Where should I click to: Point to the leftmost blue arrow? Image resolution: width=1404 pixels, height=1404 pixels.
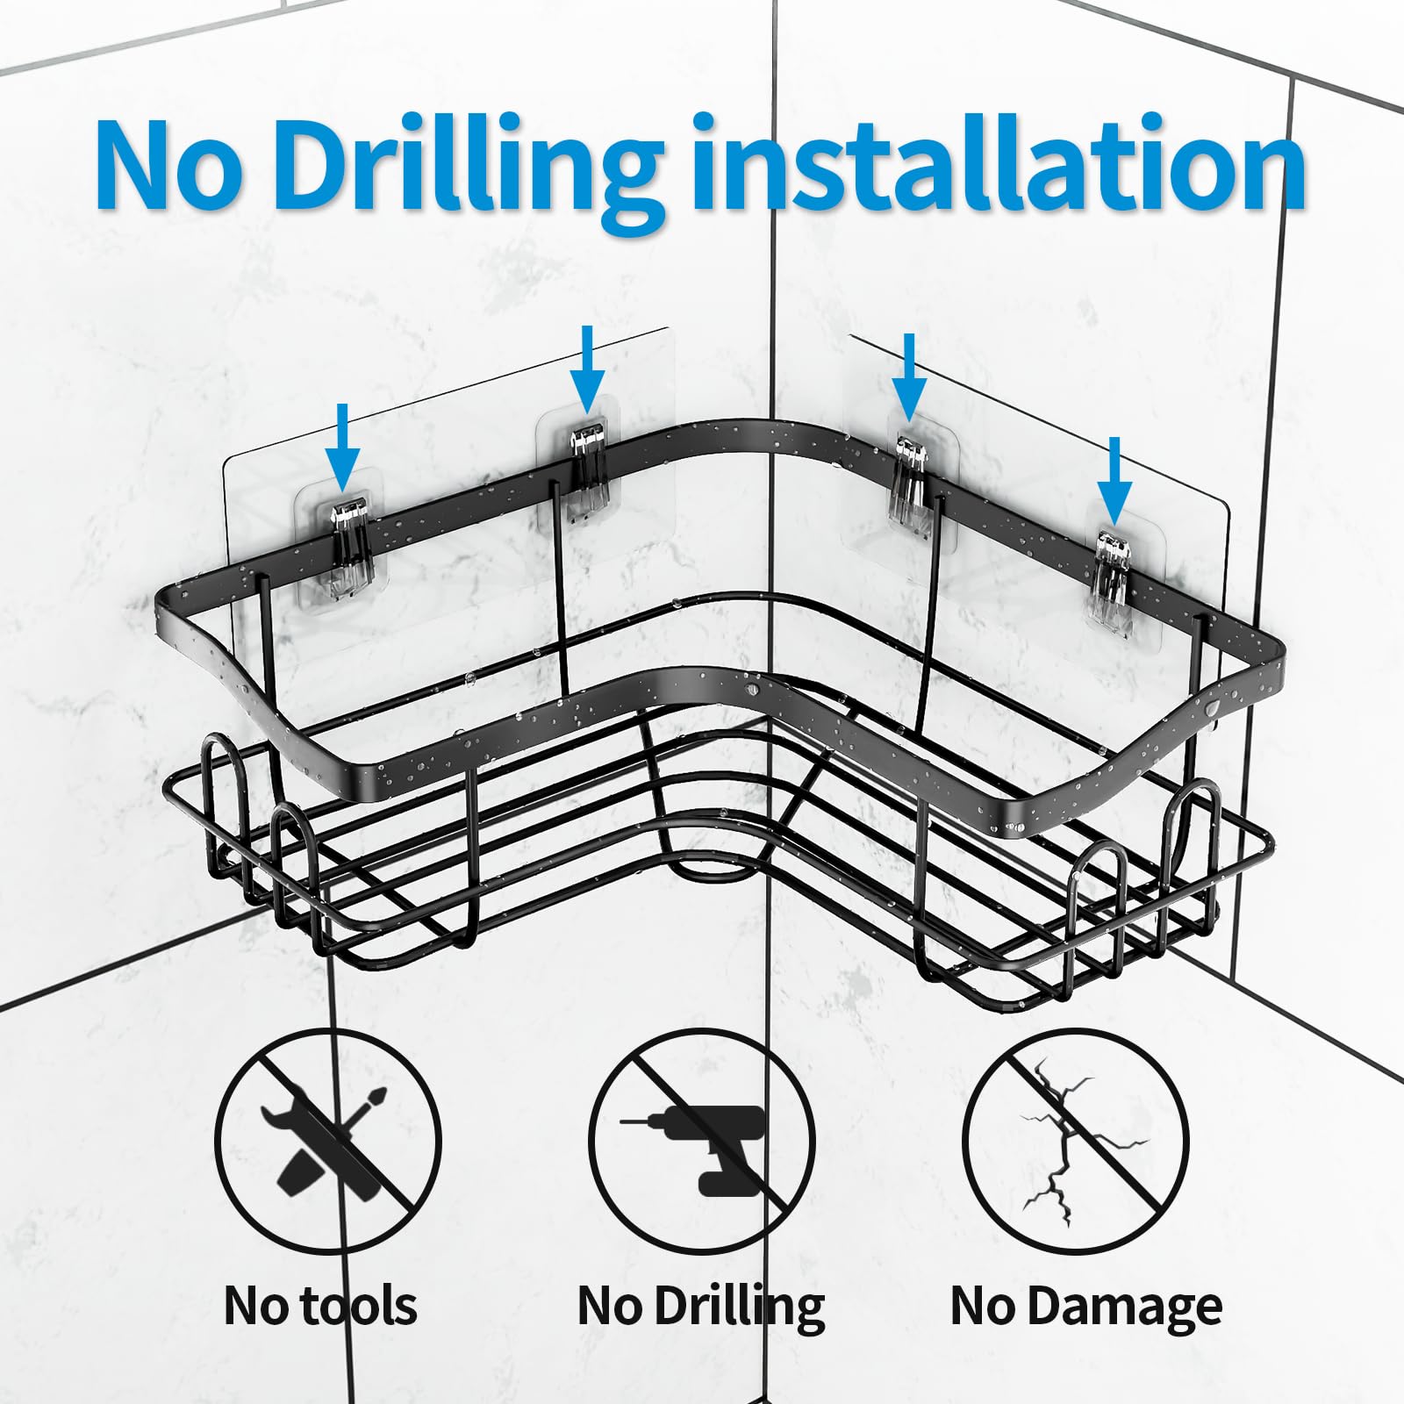click(x=342, y=448)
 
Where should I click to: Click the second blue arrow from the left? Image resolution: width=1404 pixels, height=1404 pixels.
click(x=587, y=369)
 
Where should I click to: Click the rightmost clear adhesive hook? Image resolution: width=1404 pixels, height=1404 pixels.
click(x=1109, y=570)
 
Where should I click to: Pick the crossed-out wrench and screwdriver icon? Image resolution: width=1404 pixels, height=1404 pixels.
click(x=328, y=1142)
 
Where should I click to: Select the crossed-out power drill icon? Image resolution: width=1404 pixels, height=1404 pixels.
click(x=702, y=1142)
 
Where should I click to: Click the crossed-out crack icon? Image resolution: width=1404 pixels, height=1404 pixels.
click(x=1076, y=1142)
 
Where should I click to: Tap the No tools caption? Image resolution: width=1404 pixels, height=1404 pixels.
click(x=320, y=1305)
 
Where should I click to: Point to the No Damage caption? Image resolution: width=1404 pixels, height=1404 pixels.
click(x=1086, y=1307)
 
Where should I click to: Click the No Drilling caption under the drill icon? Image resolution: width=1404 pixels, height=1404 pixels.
click(x=701, y=1307)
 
